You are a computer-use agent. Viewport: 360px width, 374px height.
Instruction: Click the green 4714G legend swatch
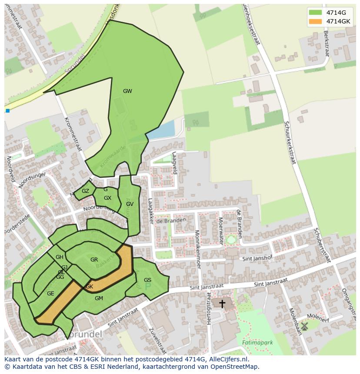pyautogui.click(x=315, y=13)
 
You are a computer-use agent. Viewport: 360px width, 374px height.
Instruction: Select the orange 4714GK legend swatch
pyautogui.click(x=315, y=21)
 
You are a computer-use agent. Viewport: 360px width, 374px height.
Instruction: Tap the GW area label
pyautogui.click(x=127, y=91)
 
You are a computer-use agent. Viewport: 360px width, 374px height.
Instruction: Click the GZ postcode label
pyautogui.click(x=85, y=191)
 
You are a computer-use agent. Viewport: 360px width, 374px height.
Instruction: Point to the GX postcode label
pyautogui.click(x=107, y=198)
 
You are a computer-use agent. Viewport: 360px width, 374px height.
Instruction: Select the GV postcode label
pyautogui.click(x=130, y=204)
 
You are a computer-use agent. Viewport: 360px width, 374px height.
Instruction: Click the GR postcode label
pyautogui.click(x=94, y=260)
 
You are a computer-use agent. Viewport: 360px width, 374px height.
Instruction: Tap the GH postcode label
pyautogui.click(x=60, y=257)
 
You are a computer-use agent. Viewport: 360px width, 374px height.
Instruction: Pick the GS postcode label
pyautogui.click(x=147, y=280)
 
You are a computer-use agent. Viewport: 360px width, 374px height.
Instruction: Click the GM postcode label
pyautogui.click(x=99, y=298)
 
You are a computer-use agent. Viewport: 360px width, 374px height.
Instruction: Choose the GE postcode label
pyautogui.click(x=50, y=294)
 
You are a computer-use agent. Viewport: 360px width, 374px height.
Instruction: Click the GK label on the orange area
pyautogui.click(x=89, y=287)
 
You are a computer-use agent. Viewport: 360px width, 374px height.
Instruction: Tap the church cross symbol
pyautogui.click(x=222, y=304)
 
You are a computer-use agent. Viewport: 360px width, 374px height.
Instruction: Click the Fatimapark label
pyautogui.click(x=258, y=343)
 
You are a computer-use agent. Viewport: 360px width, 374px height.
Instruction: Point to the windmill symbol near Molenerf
pyautogui.click(x=304, y=325)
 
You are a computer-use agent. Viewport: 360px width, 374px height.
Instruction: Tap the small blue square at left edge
pyautogui.click(x=7, y=111)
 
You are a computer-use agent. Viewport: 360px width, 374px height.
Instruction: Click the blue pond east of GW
pyautogui.click(x=161, y=129)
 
